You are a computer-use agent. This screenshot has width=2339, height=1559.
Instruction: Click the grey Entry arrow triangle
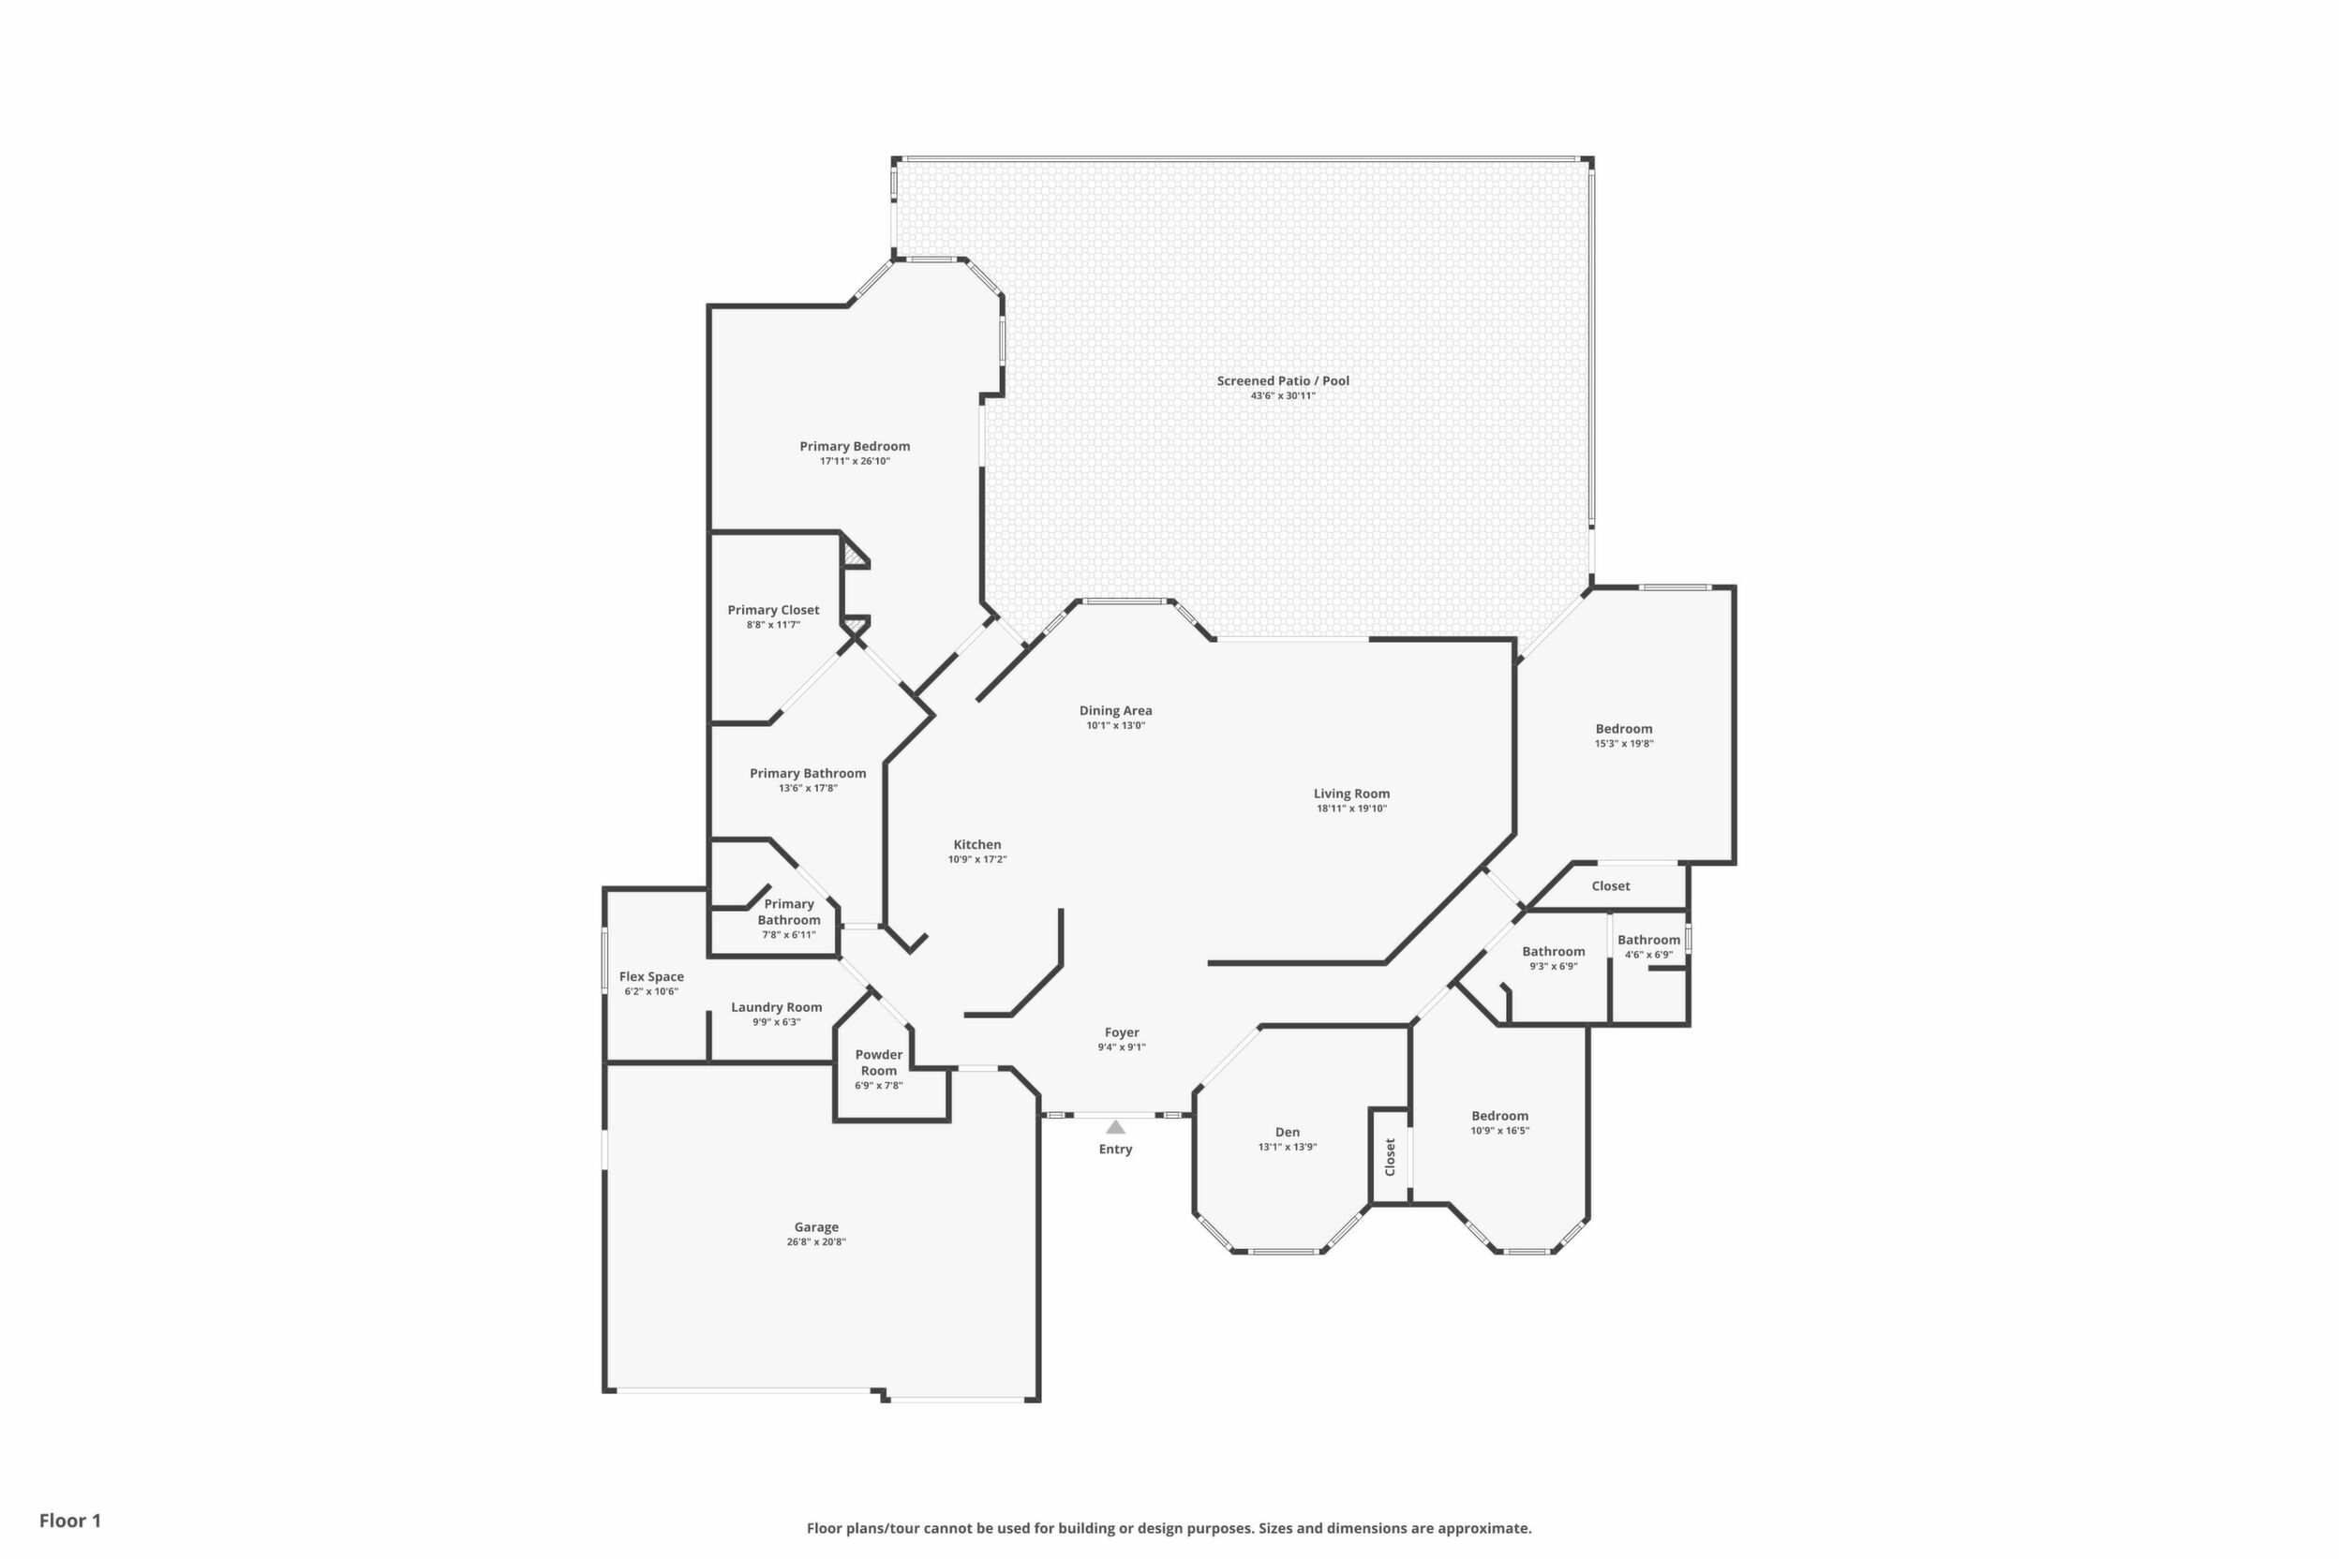tap(1116, 1127)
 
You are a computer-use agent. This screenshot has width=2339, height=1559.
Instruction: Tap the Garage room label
tap(816, 1227)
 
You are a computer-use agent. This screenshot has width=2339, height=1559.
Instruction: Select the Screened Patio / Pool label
tap(1283, 380)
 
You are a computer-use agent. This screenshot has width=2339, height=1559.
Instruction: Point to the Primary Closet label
tap(774, 611)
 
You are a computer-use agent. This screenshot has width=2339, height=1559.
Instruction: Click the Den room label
tap(1288, 1132)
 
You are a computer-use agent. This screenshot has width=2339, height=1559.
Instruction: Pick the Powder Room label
tap(879, 1062)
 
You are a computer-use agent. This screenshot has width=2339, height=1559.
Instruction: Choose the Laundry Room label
tap(777, 1007)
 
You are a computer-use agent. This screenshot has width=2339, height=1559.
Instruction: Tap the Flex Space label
tap(651, 977)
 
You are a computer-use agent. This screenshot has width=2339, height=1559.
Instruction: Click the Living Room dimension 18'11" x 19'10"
tap(1351, 809)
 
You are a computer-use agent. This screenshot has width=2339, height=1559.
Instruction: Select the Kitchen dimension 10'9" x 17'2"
tap(977, 859)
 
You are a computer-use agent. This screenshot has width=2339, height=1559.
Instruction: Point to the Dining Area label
tap(1116, 711)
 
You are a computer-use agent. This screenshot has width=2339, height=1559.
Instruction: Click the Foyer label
tap(1122, 1033)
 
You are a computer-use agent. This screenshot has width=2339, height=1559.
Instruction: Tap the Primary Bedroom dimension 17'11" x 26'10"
tap(856, 461)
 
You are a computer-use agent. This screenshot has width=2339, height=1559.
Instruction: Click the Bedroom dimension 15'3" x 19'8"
tap(1624, 744)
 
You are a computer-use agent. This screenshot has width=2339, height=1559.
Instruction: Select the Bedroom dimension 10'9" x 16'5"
tap(1500, 1131)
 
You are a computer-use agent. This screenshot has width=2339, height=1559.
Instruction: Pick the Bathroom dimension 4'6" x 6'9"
tap(1649, 955)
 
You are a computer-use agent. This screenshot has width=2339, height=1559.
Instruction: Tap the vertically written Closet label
tap(1391, 1156)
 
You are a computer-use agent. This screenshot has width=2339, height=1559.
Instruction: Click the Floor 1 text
tap(70, 1521)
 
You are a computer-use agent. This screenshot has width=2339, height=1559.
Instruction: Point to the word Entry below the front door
tap(1116, 1150)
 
